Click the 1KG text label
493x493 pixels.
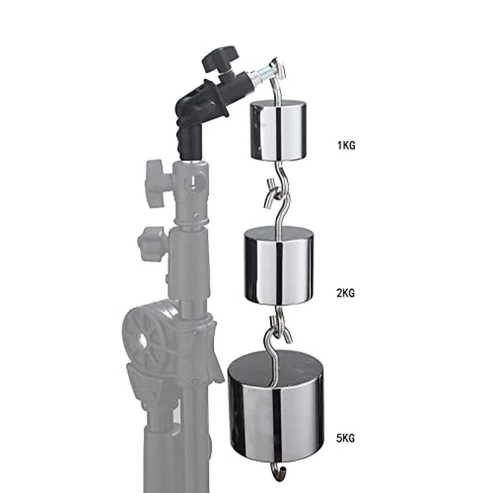(x=347, y=147)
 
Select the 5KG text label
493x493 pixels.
(x=347, y=438)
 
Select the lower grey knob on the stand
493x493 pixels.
(x=151, y=244)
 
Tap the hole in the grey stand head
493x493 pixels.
(x=191, y=185)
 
